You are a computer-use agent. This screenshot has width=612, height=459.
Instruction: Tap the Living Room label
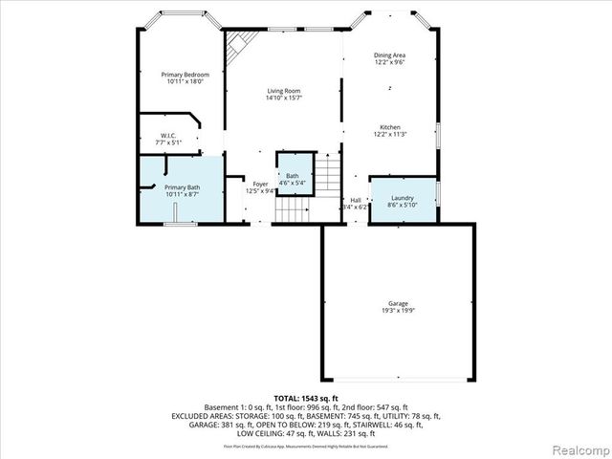pos(284,91)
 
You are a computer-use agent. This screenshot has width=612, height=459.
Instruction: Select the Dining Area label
pos(389,55)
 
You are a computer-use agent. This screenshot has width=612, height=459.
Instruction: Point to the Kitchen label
pos(389,127)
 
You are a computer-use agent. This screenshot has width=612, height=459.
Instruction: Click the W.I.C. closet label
pos(168,136)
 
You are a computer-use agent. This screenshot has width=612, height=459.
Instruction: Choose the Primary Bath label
pos(182,187)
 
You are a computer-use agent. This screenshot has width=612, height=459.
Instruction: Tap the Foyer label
pos(260,184)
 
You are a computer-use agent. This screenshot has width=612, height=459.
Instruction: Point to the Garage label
pos(398,302)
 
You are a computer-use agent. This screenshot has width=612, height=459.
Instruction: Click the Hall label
pos(355,200)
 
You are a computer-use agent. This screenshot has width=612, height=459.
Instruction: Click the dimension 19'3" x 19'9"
pos(398,310)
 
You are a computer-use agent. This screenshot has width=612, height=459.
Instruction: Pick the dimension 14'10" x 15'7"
pos(284,98)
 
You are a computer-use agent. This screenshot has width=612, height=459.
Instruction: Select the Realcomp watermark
pos(577,448)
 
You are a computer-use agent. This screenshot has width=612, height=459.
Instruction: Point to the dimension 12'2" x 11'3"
pos(389,135)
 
